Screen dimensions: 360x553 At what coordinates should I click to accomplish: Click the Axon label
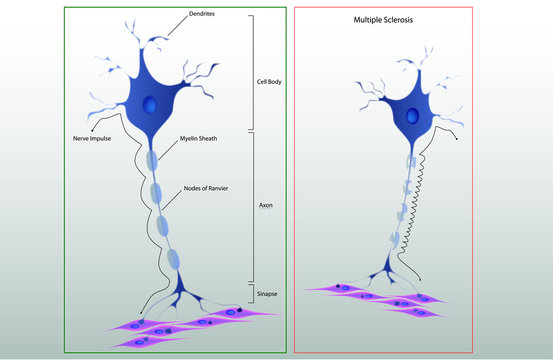click(267, 205)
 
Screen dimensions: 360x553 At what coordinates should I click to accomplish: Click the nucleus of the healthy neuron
click(149, 105)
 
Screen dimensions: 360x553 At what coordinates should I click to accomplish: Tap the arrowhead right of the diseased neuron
click(457, 139)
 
